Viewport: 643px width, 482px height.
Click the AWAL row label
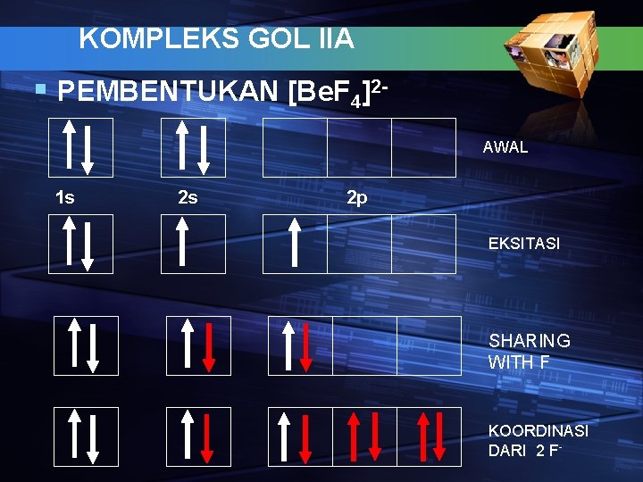point(505,147)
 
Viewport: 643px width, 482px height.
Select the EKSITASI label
point(524,243)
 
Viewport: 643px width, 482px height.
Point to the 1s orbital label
point(65,197)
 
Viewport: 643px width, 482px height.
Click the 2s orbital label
point(188,197)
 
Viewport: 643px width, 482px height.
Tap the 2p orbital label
point(356,197)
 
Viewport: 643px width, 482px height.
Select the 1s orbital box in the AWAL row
point(80,148)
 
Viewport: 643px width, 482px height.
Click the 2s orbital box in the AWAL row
point(193,148)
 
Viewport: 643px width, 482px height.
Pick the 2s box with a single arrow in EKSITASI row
point(193,244)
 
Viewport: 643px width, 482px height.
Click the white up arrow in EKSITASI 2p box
point(295,244)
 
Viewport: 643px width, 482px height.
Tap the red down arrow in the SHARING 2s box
point(209,345)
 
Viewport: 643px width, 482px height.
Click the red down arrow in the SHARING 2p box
point(306,345)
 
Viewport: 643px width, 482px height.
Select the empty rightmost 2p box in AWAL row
point(423,148)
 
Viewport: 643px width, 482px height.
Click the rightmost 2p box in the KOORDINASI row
point(430,436)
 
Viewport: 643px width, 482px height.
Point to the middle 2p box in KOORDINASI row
point(364,436)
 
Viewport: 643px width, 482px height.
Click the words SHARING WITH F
point(530,352)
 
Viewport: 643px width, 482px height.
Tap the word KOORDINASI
point(539,431)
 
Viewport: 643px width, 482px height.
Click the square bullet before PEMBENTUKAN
point(38,90)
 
